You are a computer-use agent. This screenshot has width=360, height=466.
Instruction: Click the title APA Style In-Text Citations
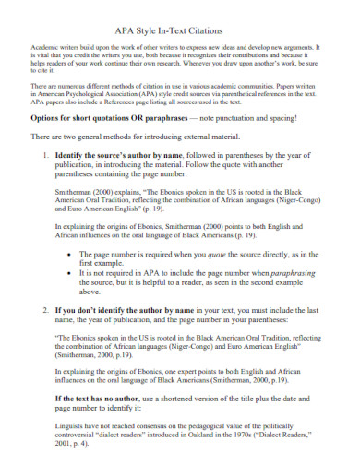[x=180, y=30]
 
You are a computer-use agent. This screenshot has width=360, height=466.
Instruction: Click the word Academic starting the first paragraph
[x=45, y=46]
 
